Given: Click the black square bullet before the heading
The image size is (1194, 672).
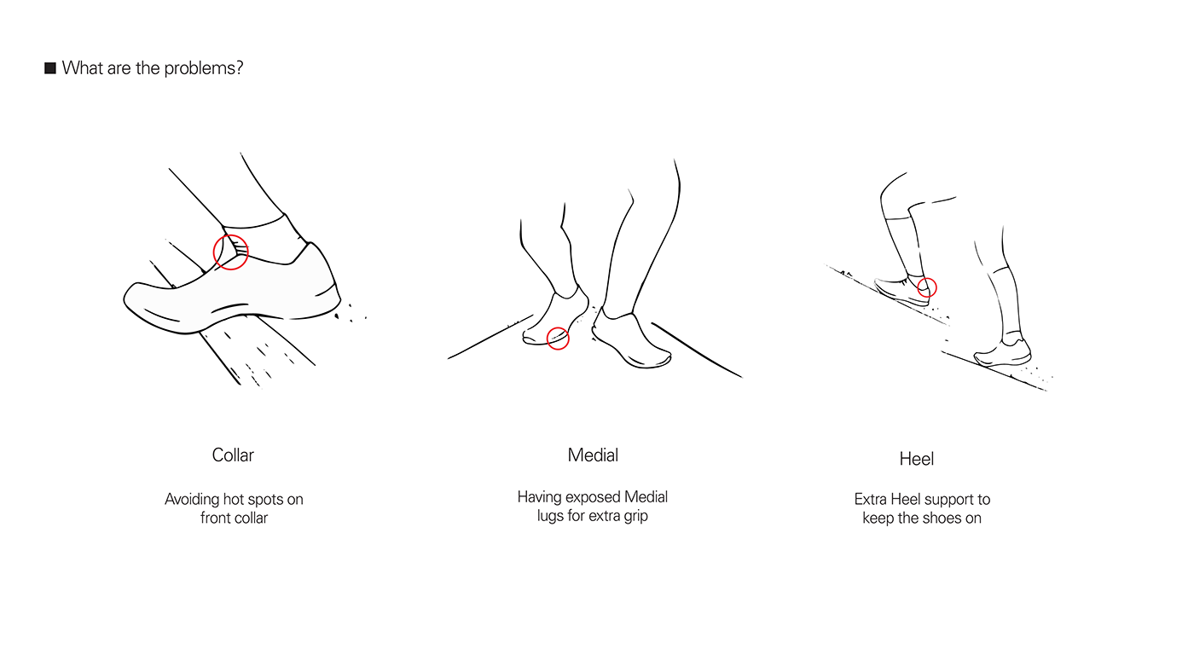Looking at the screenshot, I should (50, 68).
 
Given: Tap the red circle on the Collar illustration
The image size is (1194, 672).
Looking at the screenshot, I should (230, 252).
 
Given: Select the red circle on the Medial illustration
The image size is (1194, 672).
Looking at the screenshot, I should (558, 339).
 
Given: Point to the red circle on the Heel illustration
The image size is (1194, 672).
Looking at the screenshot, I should (927, 287).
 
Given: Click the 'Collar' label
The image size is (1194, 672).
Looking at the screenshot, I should (233, 455).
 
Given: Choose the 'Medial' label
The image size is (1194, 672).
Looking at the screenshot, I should (593, 455).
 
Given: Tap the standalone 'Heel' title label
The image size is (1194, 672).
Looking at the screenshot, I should (917, 460).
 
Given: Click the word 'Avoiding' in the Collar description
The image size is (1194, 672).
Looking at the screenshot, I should (192, 499).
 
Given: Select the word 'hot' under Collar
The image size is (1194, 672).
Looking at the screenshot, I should (235, 499).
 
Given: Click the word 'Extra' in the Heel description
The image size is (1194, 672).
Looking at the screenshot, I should (871, 499).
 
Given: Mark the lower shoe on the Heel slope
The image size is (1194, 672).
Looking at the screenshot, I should (1005, 353).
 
